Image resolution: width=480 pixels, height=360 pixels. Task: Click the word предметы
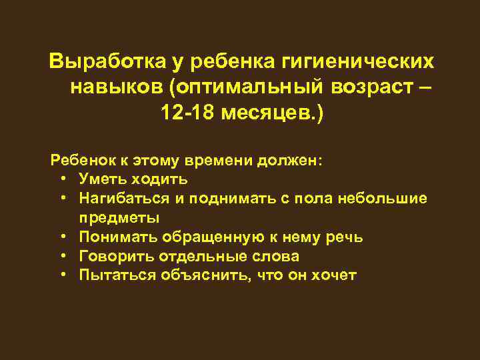(119, 218)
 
